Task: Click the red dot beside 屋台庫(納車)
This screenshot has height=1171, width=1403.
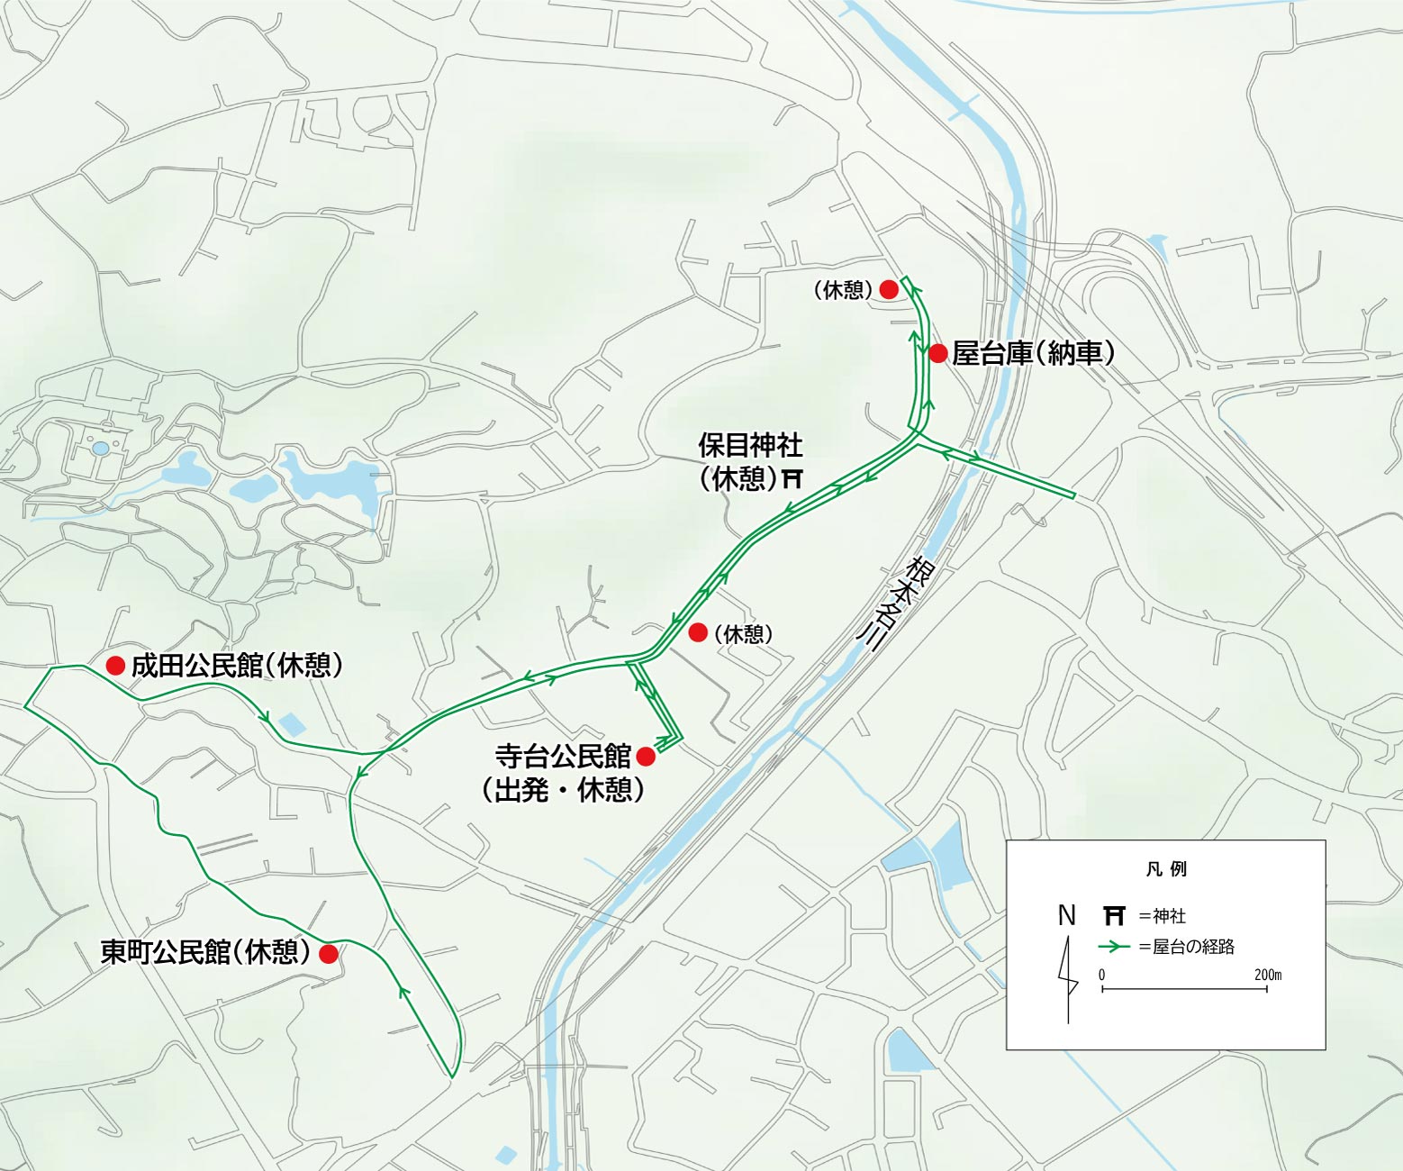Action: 938,353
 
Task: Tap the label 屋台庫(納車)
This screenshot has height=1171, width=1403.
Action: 1033,353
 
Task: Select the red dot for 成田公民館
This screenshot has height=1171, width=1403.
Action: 115,666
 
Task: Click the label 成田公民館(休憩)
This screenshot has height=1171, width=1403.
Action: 237,666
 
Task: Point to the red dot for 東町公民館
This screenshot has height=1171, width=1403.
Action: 329,954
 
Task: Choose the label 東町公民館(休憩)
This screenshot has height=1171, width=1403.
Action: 205,952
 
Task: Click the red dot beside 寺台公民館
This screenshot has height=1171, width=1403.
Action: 646,757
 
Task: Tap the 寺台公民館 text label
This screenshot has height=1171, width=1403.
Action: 563,757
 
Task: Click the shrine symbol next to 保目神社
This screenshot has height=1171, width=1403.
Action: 792,478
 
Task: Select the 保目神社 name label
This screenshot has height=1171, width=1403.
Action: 750,446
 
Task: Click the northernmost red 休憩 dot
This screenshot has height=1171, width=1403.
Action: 889,289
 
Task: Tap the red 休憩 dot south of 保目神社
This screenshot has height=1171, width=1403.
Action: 698,633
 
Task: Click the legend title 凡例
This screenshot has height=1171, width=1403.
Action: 1166,869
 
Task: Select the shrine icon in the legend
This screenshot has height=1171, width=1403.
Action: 1114,916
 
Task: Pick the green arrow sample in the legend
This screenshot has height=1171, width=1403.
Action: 1114,947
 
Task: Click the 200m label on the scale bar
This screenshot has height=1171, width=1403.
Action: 1267,975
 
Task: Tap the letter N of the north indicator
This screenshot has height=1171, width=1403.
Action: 1067,916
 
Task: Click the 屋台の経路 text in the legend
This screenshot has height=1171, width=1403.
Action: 1193,947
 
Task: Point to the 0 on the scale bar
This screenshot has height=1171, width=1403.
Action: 1101,975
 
